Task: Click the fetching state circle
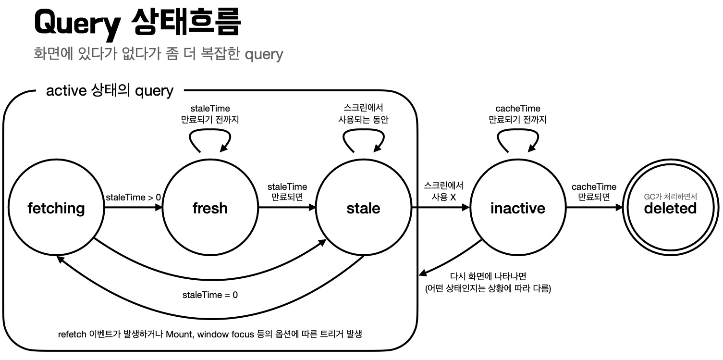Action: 56,208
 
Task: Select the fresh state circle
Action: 210,208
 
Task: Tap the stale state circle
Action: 363,208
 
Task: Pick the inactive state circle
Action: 517,208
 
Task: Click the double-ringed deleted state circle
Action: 670,208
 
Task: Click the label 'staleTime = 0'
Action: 210,295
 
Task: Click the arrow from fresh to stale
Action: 287,208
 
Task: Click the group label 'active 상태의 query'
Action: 110,90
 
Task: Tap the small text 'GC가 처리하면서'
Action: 670,196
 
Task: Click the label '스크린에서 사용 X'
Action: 443,191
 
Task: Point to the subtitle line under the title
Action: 159,53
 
